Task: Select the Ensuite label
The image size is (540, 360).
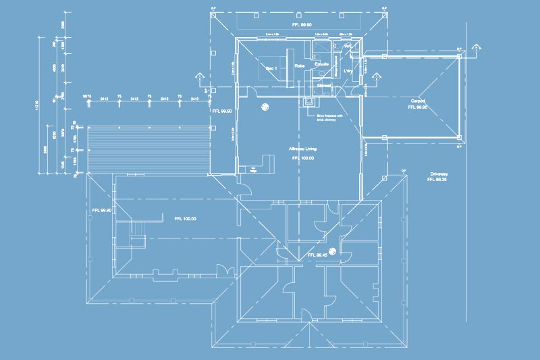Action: [322, 65]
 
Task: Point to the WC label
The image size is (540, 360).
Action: [348, 46]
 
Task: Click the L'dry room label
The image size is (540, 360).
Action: [349, 71]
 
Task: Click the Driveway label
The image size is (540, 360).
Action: [439, 174]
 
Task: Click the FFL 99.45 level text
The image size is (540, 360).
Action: [317, 255]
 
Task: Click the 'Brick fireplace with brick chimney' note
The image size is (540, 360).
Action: [329, 118]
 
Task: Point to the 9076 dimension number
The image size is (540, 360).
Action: [86, 99]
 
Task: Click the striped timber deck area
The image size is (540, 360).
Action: [144, 149]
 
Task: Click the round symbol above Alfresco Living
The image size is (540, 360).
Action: [265, 106]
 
